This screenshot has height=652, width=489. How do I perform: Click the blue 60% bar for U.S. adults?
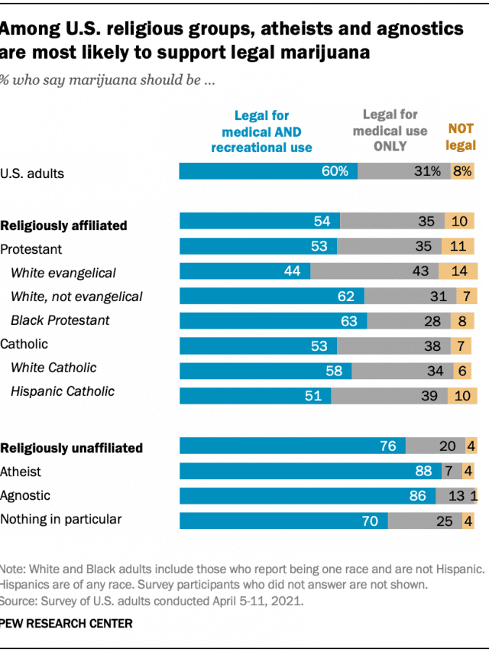tap(267, 171)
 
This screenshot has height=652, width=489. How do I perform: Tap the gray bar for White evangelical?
tap(374, 271)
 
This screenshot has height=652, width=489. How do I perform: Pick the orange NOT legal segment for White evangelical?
tap(458, 271)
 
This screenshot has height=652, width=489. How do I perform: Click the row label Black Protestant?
tap(60, 320)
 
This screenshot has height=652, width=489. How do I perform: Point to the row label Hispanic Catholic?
tap(63, 391)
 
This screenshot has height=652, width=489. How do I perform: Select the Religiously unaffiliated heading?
tap(72, 448)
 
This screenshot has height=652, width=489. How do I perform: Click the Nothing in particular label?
tap(61, 520)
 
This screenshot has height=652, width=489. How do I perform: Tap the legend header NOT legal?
tap(460, 138)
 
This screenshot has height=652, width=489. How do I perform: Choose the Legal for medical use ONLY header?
tap(390, 131)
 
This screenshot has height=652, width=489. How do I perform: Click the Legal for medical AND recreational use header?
tap(261, 131)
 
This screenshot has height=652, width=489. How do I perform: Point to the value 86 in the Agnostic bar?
tap(417, 496)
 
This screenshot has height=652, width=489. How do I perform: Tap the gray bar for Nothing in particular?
tap(424, 521)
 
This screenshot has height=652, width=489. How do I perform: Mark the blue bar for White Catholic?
tap(265, 371)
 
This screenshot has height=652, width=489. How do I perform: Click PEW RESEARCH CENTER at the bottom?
tap(66, 624)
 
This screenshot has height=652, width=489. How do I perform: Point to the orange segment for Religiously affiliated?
tap(461, 222)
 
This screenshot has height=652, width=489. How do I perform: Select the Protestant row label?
tap(31, 249)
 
